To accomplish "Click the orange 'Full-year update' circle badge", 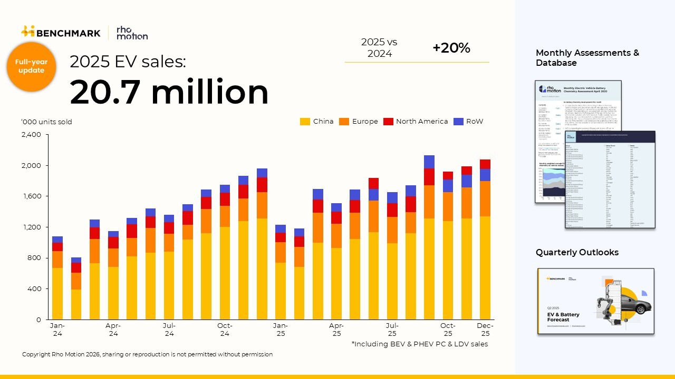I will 31,66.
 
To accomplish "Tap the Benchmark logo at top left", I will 61,33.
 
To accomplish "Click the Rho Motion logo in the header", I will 132,33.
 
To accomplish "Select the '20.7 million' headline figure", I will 169,92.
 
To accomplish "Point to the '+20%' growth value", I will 451,48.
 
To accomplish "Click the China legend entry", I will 317,122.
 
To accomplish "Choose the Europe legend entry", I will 359,122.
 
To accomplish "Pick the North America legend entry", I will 416,122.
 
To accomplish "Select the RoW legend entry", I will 468,122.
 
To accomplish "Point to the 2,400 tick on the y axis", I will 31,135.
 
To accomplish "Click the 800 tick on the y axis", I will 34,258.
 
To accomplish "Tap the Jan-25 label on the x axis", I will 280,330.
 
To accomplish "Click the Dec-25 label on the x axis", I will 485,330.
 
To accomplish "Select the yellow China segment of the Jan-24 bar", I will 57,294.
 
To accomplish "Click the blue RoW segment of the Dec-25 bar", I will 485,175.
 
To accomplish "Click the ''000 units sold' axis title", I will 46,122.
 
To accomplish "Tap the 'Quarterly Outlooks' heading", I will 577,253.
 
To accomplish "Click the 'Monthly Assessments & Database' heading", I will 587,58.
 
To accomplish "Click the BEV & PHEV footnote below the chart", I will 419,344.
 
